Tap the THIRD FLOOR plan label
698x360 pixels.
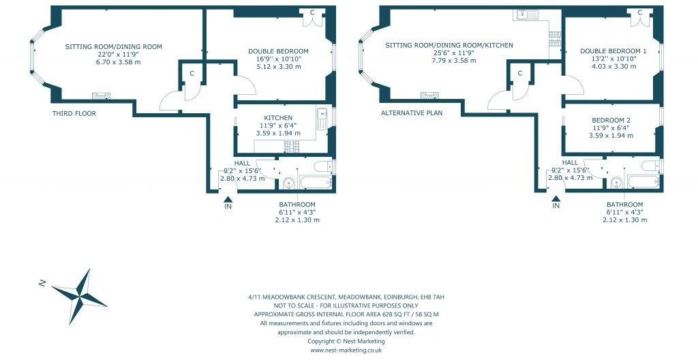74,114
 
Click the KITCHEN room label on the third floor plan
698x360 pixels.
273,118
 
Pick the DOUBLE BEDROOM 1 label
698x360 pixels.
613,51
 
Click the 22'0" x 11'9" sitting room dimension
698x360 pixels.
113,55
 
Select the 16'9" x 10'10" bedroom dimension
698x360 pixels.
278,59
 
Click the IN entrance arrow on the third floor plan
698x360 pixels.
228,199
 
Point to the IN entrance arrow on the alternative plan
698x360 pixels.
556,199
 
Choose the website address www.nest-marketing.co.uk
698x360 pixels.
346,350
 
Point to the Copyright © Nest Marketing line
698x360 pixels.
346,342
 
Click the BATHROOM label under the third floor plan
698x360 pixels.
297,205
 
